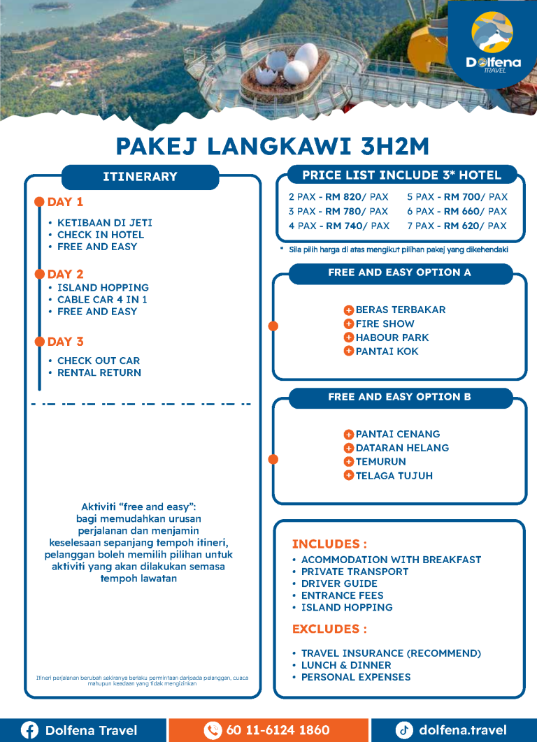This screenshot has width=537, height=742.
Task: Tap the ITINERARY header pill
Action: [140, 177]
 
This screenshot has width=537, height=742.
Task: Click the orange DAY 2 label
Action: [65, 274]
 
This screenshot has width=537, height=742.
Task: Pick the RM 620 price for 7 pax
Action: [465, 226]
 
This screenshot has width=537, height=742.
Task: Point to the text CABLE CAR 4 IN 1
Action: [102, 299]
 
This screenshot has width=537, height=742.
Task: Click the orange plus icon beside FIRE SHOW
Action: [348, 323]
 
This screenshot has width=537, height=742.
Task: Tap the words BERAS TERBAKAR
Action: [400, 310]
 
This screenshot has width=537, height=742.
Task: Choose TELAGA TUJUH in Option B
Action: [394, 476]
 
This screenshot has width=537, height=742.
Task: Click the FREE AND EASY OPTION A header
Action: [399, 272]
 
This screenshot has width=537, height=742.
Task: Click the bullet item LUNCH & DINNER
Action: [345, 665]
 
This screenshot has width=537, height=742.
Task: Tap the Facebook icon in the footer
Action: [29, 730]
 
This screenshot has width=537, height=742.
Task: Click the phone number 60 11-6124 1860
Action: [278, 730]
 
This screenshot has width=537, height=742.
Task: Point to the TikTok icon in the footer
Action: [404, 730]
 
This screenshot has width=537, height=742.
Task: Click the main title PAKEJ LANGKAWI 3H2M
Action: [272, 147]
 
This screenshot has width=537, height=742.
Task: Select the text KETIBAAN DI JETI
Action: [104, 223]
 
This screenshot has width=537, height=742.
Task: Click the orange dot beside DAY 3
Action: [40, 342]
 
